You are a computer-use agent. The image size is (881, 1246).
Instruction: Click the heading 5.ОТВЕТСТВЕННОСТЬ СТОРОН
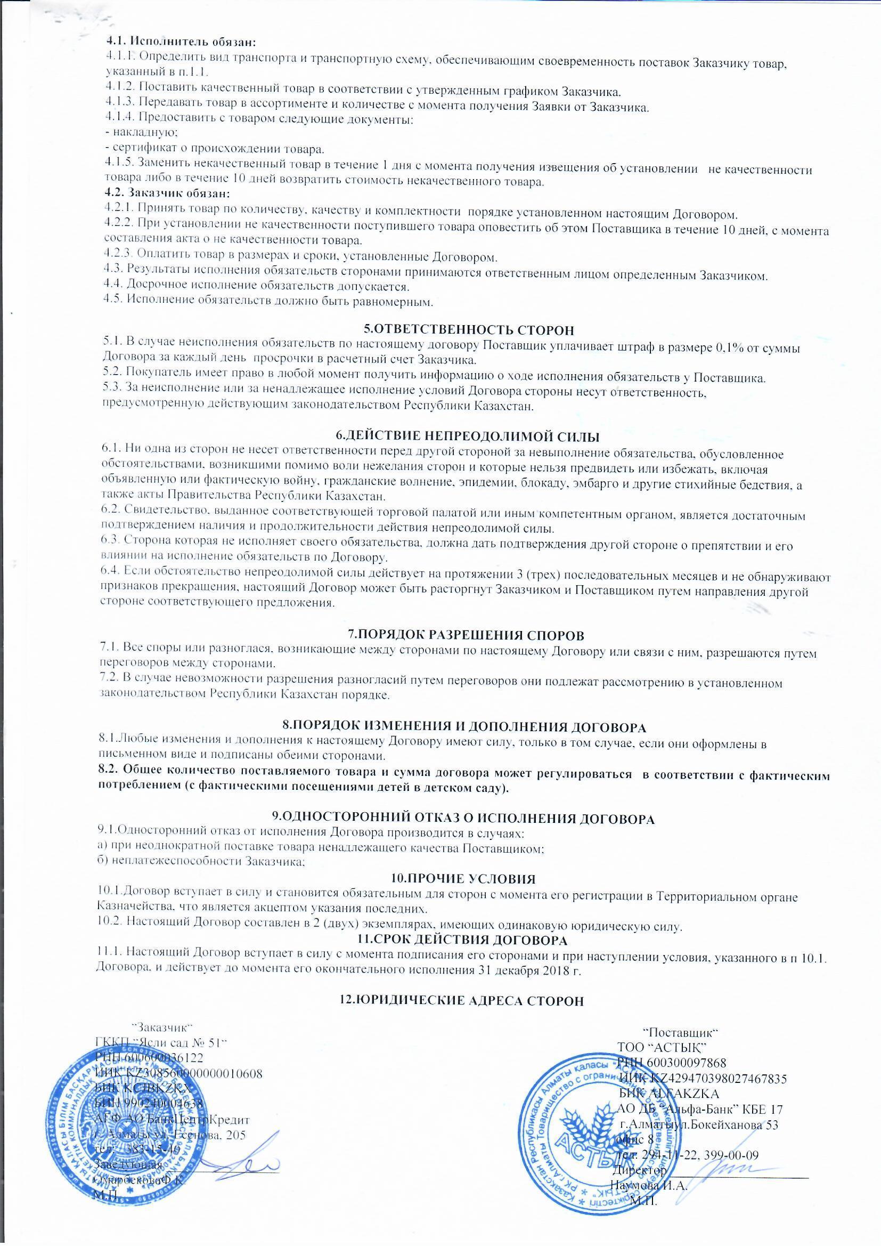pos(468,329)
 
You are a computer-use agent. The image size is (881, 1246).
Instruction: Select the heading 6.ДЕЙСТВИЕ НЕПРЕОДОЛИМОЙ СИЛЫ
pos(467,436)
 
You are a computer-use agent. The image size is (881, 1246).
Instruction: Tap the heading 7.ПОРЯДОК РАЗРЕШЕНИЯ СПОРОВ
pos(466,634)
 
